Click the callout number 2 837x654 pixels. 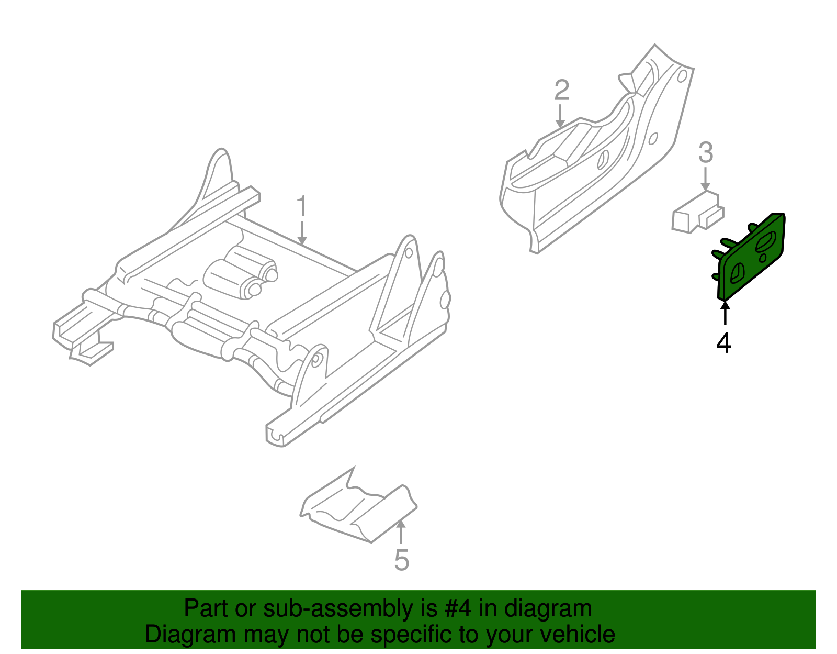[x=562, y=91]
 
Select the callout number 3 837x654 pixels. [x=706, y=152]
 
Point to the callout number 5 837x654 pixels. [x=401, y=560]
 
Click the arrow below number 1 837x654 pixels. [x=302, y=233]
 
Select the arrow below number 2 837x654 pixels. [x=560, y=116]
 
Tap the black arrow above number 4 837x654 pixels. [x=725, y=313]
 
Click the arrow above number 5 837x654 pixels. [x=401, y=532]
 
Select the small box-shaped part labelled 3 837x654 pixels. [x=697, y=212]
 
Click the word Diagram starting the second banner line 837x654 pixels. [x=191, y=635]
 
